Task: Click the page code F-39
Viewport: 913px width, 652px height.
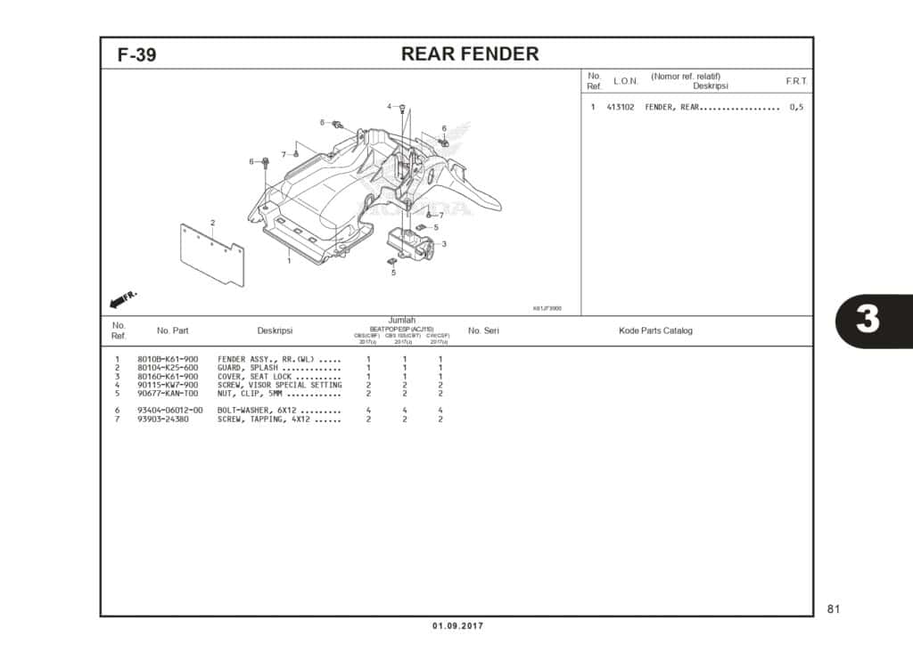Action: [136, 54]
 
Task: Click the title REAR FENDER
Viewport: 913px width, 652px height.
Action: [470, 53]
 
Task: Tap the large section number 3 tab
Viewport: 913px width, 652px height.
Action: [867, 320]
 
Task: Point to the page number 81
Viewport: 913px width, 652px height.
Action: [834, 609]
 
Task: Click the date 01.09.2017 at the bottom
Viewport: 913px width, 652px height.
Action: [457, 626]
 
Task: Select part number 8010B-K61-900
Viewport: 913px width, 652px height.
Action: [168, 359]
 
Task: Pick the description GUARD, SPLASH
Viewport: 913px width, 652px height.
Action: [248, 368]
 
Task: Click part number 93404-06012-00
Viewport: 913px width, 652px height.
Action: [170, 411]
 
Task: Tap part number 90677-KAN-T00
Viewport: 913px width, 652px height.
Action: [168, 393]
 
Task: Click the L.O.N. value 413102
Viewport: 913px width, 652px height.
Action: [621, 108]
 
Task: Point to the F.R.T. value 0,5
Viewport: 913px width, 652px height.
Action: [795, 108]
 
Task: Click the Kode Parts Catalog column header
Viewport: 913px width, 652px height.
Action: [655, 330]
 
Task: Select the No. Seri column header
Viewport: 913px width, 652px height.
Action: [483, 330]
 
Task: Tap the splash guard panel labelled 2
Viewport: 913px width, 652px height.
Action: [212, 256]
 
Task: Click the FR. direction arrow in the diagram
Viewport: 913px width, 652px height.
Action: [123, 296]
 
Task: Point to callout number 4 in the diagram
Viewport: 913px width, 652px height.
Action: [390, 107]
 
